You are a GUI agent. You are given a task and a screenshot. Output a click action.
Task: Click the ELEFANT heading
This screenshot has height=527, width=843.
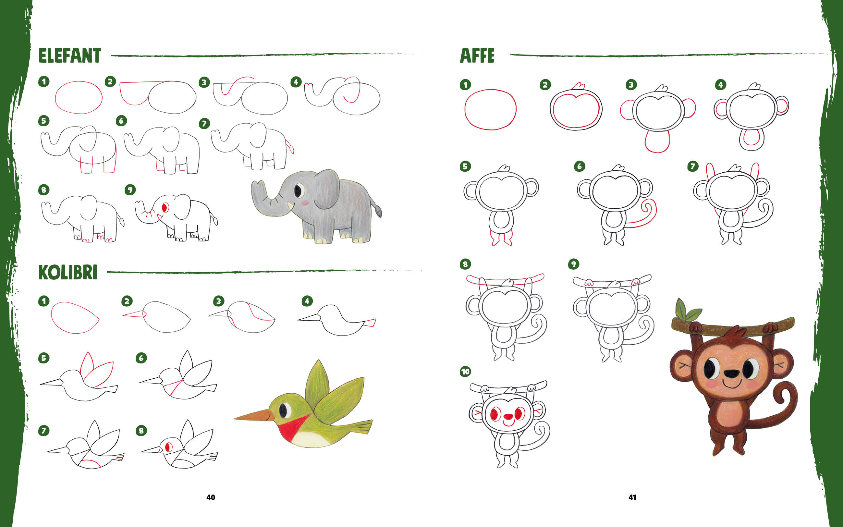pos(70,56)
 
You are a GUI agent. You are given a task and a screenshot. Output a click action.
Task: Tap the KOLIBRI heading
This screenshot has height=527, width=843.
pos(67,272)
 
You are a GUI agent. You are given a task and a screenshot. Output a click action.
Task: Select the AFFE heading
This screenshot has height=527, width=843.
pos(477,55)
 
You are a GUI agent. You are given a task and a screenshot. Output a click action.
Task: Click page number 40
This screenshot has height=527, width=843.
pos(211,497)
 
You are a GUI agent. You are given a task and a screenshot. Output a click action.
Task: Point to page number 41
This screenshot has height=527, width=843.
pos(632,497)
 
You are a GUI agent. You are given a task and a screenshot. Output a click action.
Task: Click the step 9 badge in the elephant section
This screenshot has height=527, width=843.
pos(130,190)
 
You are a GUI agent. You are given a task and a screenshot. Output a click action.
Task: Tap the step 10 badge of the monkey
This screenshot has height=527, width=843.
pos(465,372)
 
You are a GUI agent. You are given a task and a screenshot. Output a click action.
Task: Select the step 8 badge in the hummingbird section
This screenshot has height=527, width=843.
pos(141,431)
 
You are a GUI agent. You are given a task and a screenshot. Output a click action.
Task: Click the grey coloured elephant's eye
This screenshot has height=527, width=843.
pos(298,190)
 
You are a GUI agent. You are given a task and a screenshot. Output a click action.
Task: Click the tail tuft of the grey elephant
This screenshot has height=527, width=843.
pos(378,210)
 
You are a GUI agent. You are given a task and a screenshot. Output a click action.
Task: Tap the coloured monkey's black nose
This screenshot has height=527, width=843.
pos(731,374)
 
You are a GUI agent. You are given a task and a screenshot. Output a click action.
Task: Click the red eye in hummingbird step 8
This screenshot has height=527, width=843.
pos(168,447)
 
